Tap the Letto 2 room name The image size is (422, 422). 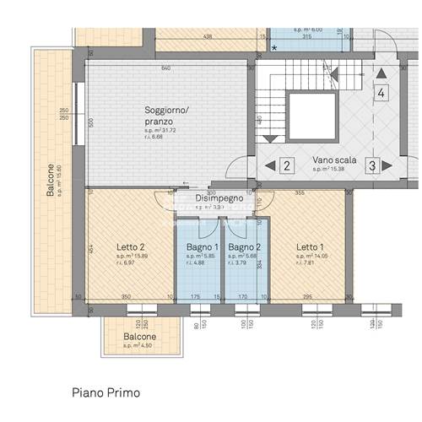coord(131,247)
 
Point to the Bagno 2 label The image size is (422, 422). coord(242,247)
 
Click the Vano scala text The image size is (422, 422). coord(333,160)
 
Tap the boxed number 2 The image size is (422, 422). coord(287,165)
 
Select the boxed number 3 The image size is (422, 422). coord(371,165)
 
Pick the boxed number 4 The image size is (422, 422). coord(381,93)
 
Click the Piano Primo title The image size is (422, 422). coord(105,392)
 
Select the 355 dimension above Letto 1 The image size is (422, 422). coord(300,193)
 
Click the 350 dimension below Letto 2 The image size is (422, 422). coord(126,296)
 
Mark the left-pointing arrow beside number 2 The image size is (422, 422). coord(269,165)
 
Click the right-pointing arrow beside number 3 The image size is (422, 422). coord(388,165)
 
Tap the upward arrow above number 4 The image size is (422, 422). coord(381,73)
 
